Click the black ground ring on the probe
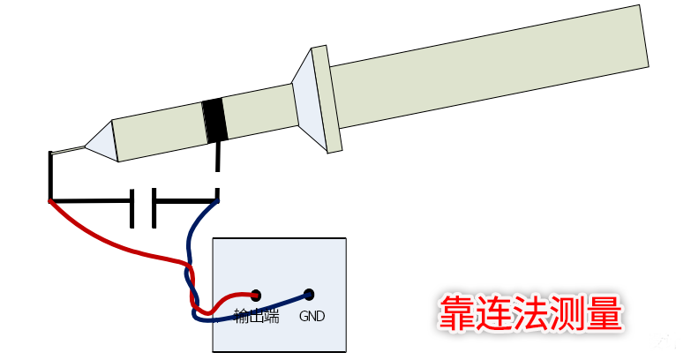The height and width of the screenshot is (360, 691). pos(214,120)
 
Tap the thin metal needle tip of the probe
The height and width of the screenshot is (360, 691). pos(67,150)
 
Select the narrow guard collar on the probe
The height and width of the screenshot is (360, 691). pos(327,99)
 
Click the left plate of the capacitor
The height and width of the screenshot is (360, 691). pos(131,208)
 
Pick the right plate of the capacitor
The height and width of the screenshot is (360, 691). pos(154,208)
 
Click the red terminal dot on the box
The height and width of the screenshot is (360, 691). pos(256,295)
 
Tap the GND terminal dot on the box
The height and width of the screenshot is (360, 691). pos(310,295)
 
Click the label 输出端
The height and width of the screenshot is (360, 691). pos(257,316)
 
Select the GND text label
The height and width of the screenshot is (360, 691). pos(312,316)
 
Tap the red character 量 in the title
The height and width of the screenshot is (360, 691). pos(604,313)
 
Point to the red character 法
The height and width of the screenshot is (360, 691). pos(530,313)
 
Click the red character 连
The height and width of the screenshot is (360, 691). pos(493,313)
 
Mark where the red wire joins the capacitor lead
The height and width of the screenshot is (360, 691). pos(50,201)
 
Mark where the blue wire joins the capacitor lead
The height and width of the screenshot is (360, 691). pos(217,201)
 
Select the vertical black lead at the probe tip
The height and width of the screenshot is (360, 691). pos(50,176)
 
